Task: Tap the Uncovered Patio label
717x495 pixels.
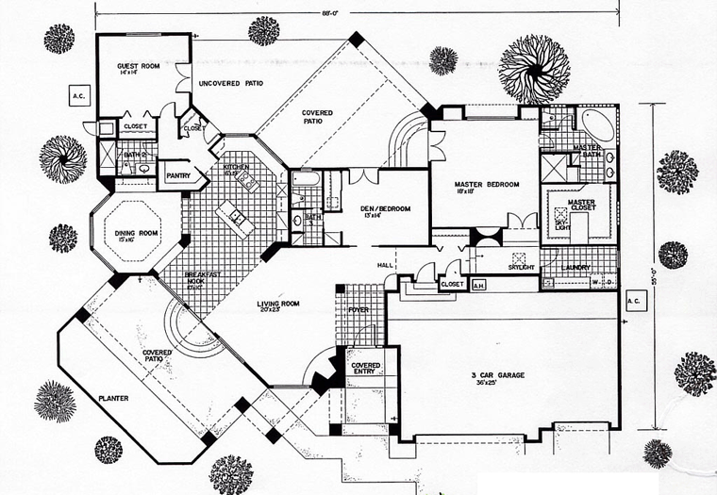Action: click(229, 84)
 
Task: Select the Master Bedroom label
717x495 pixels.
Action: click(487, 185)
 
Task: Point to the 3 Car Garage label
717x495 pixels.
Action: click(498, 376)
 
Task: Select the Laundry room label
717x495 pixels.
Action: click(575, 267)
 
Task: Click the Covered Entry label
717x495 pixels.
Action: click(365, 368)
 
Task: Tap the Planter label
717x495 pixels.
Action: click(113, 398)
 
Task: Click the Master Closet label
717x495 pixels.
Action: click(580, 205)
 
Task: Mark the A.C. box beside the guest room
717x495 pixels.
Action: click(78, 95)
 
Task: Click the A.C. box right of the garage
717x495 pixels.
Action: click(632, 302)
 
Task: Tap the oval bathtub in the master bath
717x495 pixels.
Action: click(595, 124)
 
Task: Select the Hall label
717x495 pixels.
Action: click(386, 266)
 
